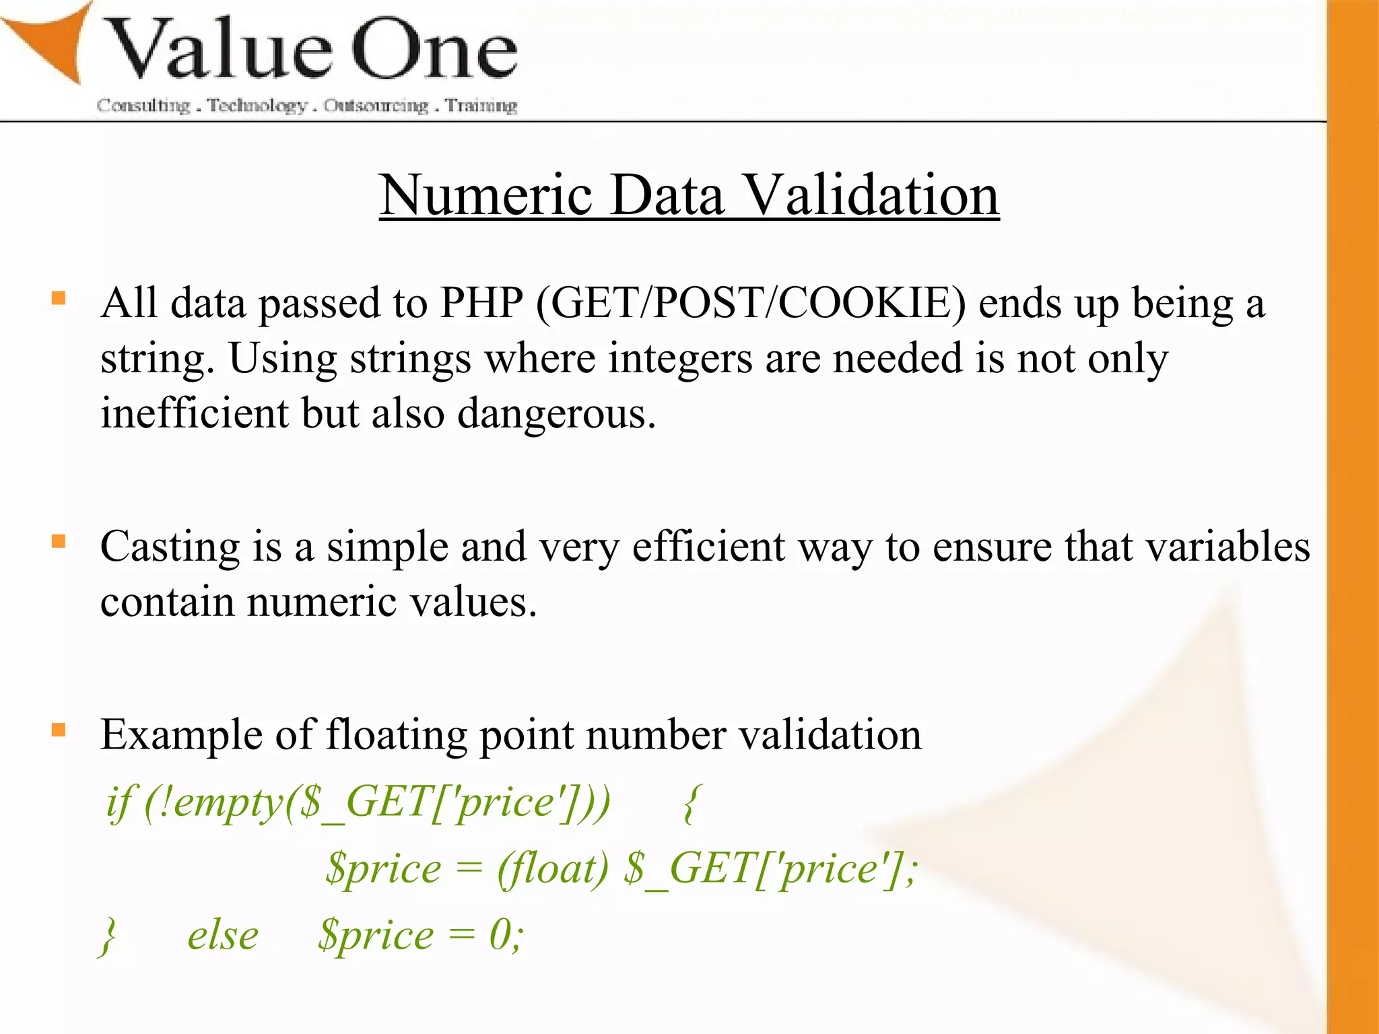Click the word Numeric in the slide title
(485, 195)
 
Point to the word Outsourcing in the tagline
(376, 106)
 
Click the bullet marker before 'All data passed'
(59, 298)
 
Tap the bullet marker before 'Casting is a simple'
(59, 541)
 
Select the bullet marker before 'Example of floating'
(59, 730)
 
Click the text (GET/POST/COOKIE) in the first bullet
(751, 304)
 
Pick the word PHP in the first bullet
(481, 304)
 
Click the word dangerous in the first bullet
(556, 413)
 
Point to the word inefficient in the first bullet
(194, 413)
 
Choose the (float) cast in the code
(552, 868)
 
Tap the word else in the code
(223, 935)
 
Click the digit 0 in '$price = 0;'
(499, 935)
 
